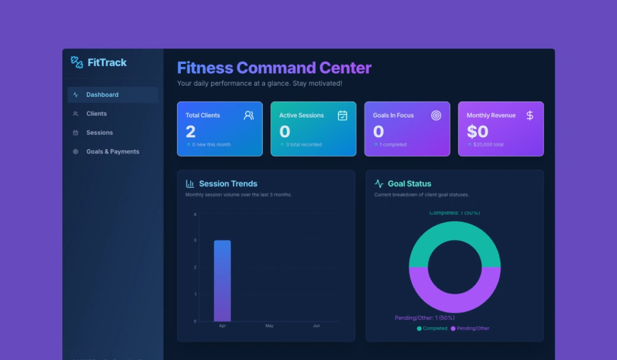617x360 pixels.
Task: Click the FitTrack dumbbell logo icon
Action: coord(77,62)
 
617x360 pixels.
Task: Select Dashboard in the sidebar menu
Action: coord(102,95)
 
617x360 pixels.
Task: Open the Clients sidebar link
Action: coord(96,114)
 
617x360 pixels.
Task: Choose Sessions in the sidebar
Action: coord(100,132)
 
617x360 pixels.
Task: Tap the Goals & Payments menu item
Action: coord(112,151)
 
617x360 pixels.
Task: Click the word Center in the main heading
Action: coord(345,68)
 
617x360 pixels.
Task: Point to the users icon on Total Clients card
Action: coord(249,115)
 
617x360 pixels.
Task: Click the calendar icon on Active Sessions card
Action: coord(343,115)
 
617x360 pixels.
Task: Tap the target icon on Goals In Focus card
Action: coord(436,115)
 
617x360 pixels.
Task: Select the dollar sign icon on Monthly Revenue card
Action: coord(530,115)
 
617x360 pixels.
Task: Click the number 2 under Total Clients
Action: coord(191,131)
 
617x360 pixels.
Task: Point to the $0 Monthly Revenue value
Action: coord(477,131)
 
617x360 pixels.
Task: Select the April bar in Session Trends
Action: coord(222,280)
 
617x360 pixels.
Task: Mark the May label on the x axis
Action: coord(269,326)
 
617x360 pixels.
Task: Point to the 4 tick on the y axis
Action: coord(195,214)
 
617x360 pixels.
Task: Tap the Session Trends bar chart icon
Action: coord(190,184)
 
